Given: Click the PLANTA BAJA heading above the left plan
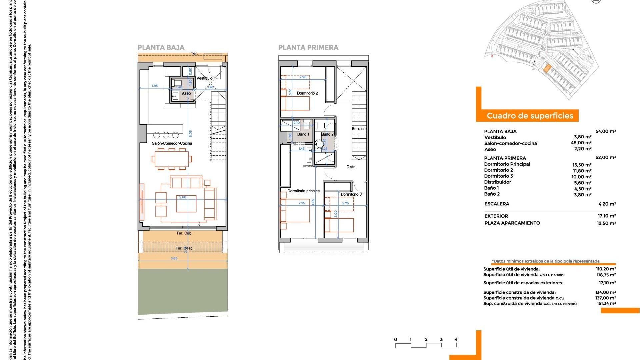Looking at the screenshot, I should point(161,48).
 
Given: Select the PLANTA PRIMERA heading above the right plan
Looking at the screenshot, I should point(308,48).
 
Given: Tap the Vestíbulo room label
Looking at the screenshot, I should point(204,78).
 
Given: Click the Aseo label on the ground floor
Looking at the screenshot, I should point(186,93).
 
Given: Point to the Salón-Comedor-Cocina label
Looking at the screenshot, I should point(172,143).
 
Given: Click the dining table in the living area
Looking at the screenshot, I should point(172,159).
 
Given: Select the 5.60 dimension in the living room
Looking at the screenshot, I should point(183,197).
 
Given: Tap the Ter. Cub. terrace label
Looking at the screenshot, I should point(184,233).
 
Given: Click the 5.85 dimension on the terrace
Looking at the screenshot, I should point(174,258).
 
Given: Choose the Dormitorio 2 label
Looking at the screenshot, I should point(307,93).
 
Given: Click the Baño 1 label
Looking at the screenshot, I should point(303,134).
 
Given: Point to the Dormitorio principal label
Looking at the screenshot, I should point(304,191).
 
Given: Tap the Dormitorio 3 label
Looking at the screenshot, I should point(351,194).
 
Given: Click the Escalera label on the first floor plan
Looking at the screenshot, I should point(359,129).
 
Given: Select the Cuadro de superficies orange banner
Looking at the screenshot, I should point(530,116).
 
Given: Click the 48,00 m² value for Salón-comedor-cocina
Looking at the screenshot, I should point(581,143).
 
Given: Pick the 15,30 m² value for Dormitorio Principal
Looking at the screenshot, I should point(582,165).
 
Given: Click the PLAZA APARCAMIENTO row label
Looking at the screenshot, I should point(512,223).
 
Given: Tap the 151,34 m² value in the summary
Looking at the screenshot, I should point(606,304).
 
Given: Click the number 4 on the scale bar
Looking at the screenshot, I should point(456,340).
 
